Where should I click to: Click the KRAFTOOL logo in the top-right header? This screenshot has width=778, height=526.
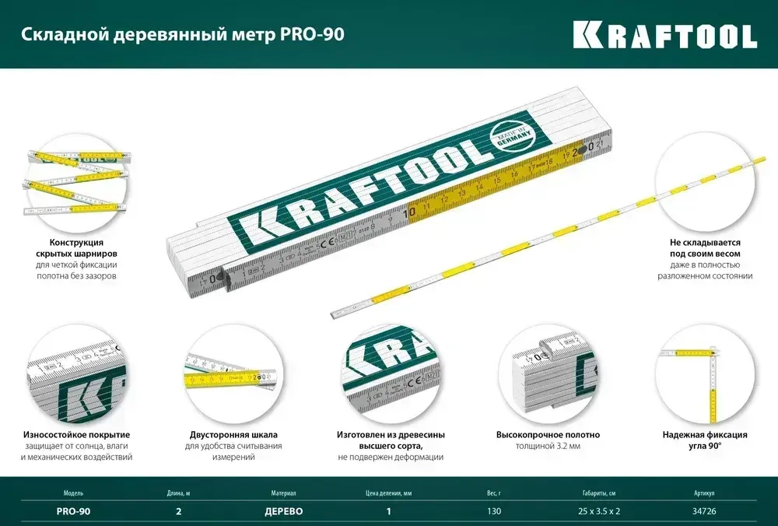pos(664,35)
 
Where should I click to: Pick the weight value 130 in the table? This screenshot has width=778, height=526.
pos(495,511)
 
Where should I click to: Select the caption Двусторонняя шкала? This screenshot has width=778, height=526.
pos(233,435)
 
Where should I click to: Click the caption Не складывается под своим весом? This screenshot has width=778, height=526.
pos(706,248)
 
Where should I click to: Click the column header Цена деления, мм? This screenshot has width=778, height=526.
pos(388,493)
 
